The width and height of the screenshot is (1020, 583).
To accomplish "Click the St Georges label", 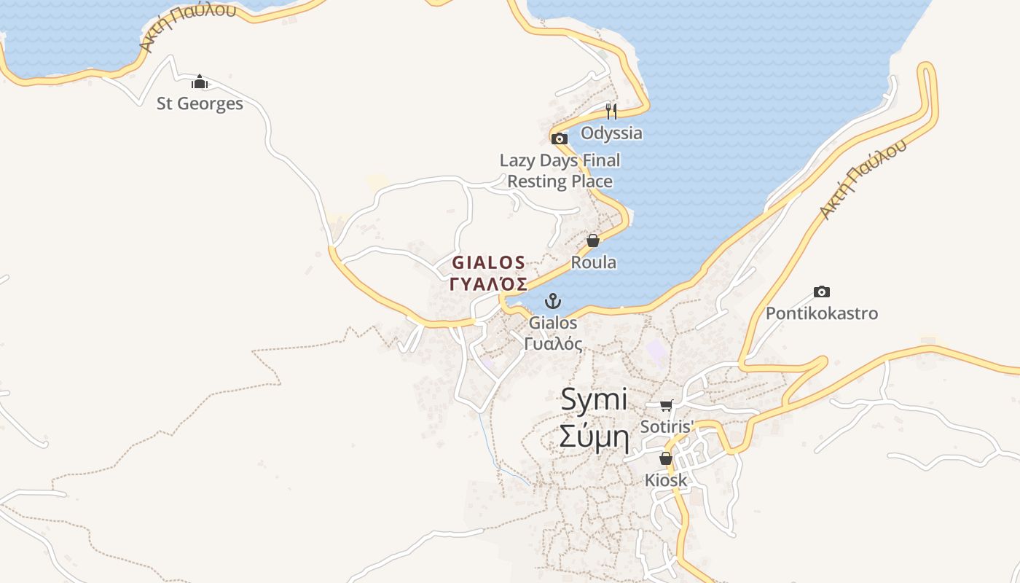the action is pyautogui.click(x=200, y=103).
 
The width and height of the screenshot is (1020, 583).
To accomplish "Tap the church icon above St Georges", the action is pyautogui.click(x=200, y=81).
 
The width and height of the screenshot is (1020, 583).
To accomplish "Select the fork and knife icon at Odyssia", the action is pyautogui.click(x=611, y=111).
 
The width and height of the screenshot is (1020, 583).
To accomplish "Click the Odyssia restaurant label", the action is pyautogui.click(x=611, y=133).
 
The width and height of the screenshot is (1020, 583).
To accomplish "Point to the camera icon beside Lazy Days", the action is pyautogui.click(x=559, y=138).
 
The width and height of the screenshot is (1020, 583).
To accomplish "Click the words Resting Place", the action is pyautogui.click(x=560, y=181).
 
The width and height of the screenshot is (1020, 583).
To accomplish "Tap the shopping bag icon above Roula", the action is pyautogui.click(x=593, y=240).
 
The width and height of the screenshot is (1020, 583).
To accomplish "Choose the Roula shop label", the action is pyautogui.click(x=593, y=262).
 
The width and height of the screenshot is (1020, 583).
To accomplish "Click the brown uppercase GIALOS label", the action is pyautogui.click(x=488, y=262).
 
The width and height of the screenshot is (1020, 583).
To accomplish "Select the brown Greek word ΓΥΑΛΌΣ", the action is pyautogui.click(x=488, y=283).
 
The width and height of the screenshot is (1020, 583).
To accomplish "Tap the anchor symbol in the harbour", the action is pyautogui.click(x=553, y=300).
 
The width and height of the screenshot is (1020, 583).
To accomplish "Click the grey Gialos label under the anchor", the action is pyautogui.click(x=553, y=322).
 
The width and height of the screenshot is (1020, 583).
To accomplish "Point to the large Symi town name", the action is pyautogui.click(x=594, y=399).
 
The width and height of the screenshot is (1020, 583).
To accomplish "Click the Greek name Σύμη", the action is pyautogui.click(x=594, y=437).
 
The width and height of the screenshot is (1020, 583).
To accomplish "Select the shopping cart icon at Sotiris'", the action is pyautogui.click(x=666, y=405).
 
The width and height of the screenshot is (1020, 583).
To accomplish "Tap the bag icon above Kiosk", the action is pyautogui.click(x=665, y=458).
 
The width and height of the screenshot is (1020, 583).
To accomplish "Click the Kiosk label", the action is pyautogui.click(x=666, y=480).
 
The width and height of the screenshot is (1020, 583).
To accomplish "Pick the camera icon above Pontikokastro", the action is pyautogui.click(x=822, y=291).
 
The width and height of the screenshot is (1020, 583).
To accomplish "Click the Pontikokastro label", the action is pyautogui.click(x=821, y=313).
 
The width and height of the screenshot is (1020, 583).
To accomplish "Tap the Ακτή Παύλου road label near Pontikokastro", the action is pyautogui.click(x=863, y=179).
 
